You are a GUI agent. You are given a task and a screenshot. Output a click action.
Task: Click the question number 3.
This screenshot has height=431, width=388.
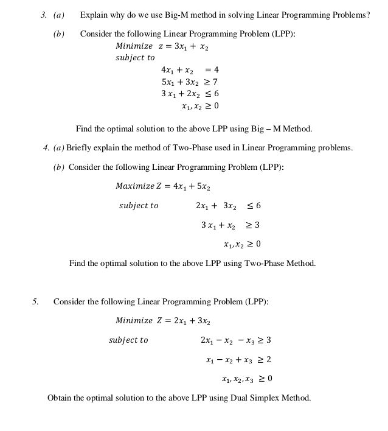43,15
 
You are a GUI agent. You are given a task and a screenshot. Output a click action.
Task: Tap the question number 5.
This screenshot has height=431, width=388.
35,302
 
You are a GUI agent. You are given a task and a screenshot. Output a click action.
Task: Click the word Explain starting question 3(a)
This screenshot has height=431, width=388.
94,15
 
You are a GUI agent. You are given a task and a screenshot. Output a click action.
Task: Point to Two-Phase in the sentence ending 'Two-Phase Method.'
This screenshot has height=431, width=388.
265,264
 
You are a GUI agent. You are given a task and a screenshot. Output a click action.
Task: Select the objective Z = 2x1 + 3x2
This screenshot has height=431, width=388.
184,321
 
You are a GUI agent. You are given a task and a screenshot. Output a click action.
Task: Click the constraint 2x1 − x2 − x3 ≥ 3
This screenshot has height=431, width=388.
235,340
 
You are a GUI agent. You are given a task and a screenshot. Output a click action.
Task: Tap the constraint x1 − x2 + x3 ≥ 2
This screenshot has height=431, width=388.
238,360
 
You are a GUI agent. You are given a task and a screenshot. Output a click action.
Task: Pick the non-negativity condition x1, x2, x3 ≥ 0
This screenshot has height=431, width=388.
247,379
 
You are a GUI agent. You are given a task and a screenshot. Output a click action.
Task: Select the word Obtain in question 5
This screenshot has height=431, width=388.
60,398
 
